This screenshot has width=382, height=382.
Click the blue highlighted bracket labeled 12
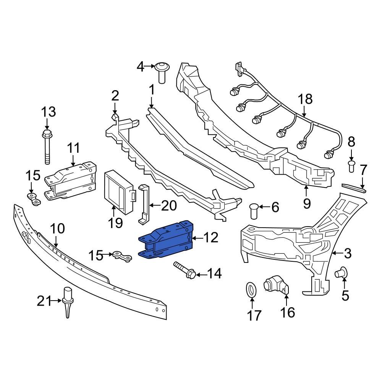(166, 240)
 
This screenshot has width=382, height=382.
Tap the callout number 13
(49, 112)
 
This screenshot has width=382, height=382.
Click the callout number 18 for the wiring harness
(305, 99)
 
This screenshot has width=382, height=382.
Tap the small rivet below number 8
(351, 167)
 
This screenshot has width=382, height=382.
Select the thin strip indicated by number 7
(354, 187)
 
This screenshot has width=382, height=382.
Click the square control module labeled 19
(117, 190)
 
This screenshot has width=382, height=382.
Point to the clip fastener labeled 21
(68, 301)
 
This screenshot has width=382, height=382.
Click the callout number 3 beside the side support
(348, 253)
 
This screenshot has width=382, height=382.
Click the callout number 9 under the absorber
(307, 204)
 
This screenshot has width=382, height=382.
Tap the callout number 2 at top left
(115, 95)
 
